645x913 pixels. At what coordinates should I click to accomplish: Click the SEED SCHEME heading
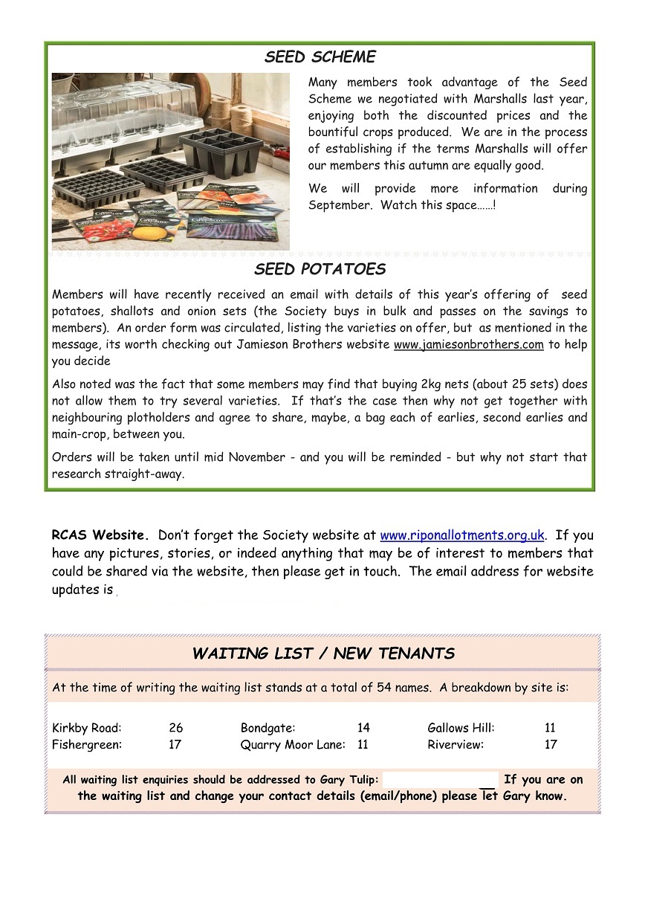click(x=320, y=57)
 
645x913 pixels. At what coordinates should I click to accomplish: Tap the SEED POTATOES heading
click(x=320, y=269)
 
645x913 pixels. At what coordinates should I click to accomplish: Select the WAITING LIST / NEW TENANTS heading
click(x=323, y=654)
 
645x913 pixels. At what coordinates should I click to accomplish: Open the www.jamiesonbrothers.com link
click(x=468, y=344)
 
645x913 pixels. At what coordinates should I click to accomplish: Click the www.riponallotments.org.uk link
click(x=462, y=535)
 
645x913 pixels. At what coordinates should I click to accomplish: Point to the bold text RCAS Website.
click(x=100, y=535)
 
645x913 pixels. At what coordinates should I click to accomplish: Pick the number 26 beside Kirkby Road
click(x=175, y=728)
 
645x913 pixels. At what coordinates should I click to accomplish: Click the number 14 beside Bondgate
click(x=363, y=728)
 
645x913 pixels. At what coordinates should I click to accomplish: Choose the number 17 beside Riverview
click(x=551, y=744)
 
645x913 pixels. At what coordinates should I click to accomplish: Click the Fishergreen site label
click(x=87, y=744)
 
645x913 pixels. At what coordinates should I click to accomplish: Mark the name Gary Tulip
click(x=349, y=780)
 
